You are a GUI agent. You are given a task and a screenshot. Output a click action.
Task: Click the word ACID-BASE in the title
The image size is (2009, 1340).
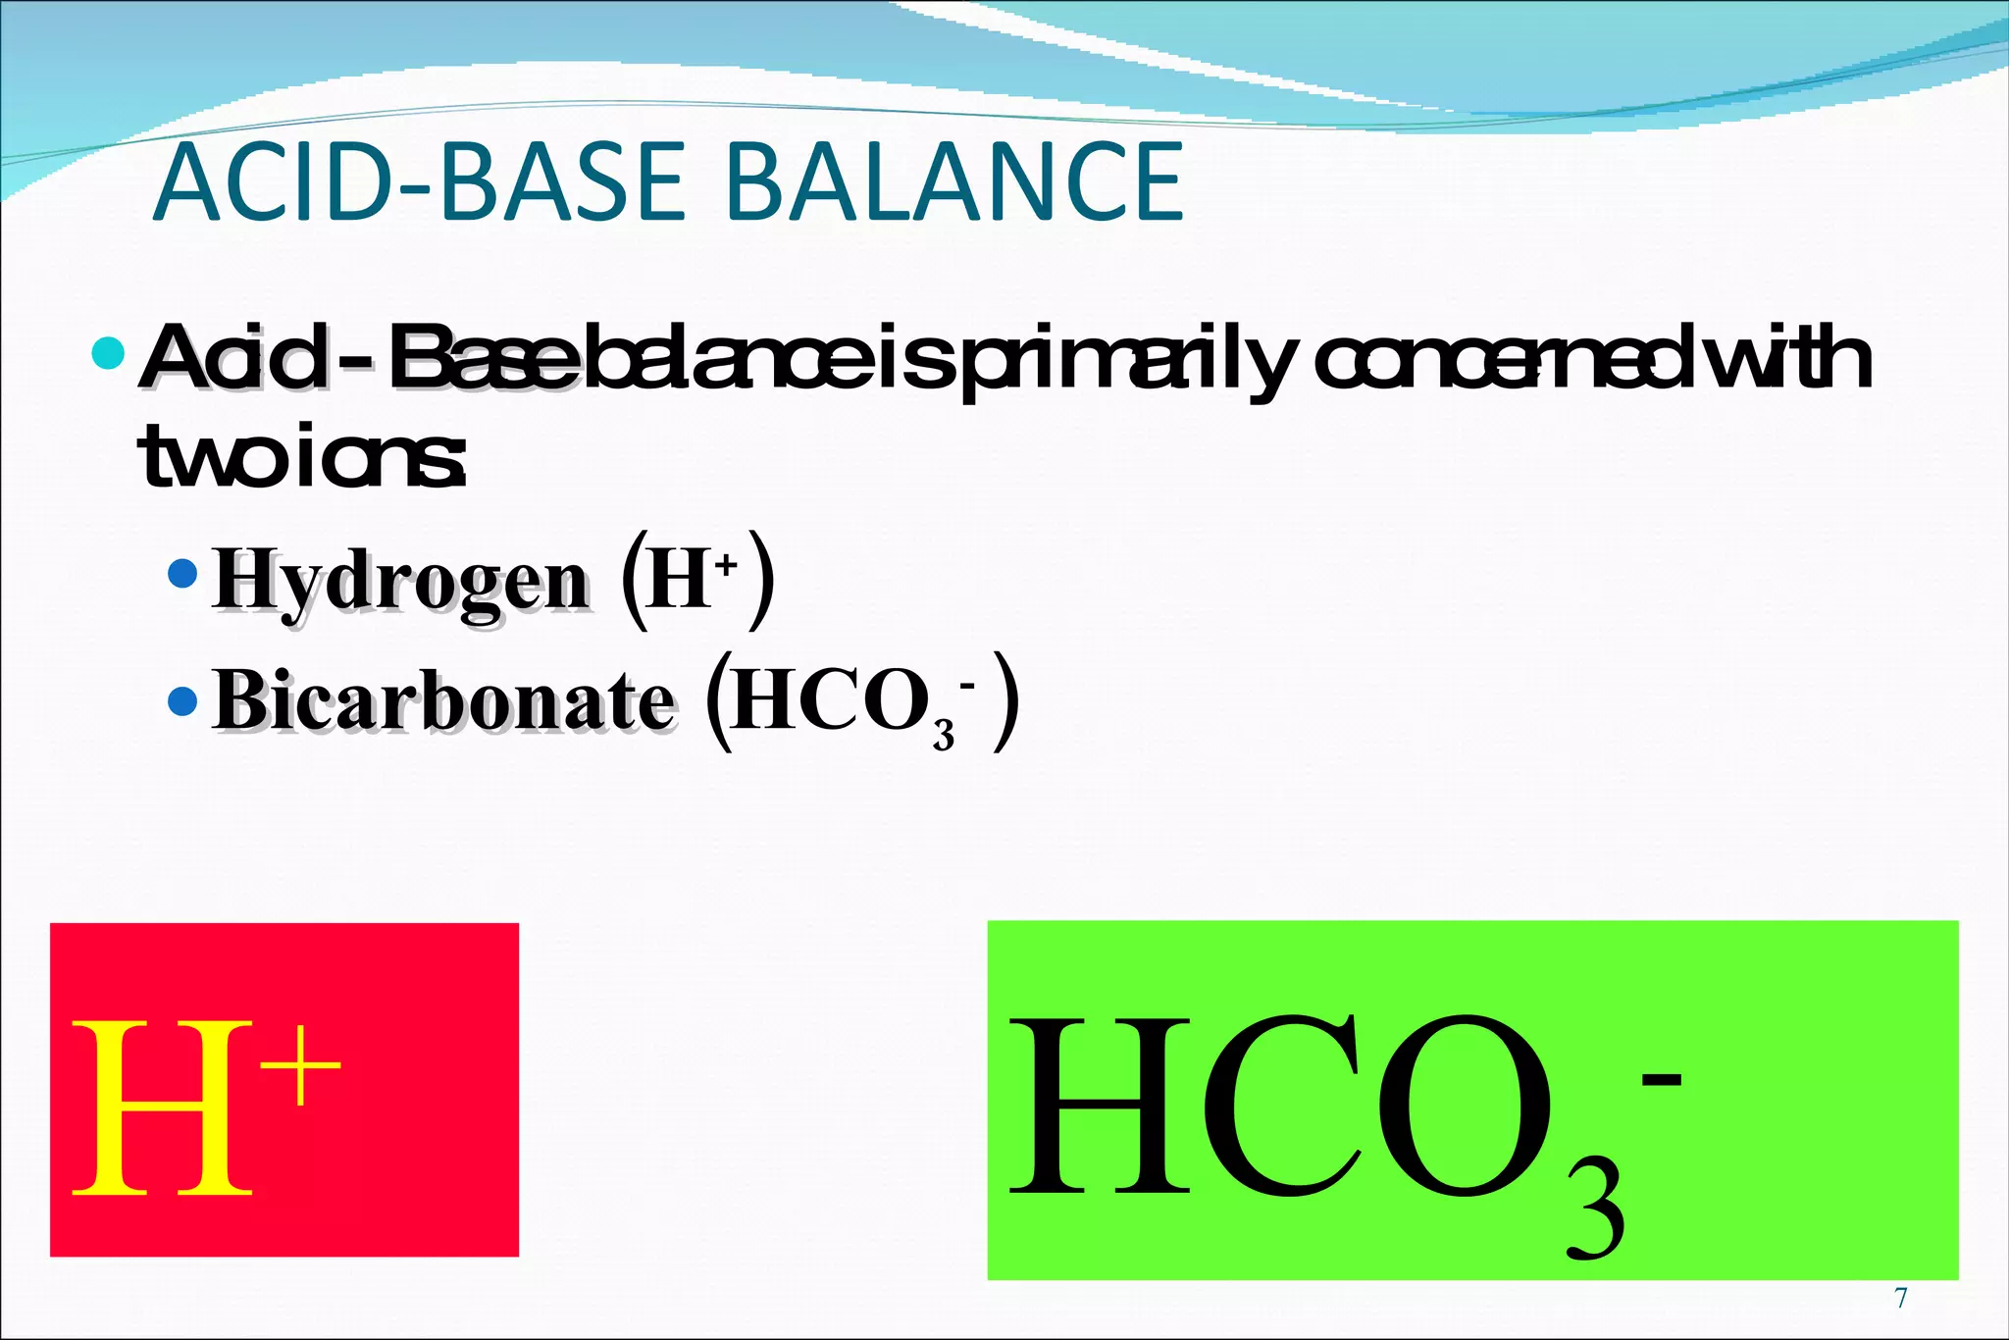(418, 182)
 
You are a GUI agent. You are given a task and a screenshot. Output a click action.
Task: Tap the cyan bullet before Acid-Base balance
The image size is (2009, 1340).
(108, 352)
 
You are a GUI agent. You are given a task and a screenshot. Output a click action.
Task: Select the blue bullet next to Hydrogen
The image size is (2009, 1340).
(182, 573)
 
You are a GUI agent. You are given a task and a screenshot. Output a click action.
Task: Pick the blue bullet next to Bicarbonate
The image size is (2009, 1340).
(182, 700)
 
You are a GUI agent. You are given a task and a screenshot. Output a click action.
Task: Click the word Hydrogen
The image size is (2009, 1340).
(400, 581)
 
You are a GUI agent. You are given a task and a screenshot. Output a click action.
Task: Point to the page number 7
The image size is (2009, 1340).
(1900, 1299)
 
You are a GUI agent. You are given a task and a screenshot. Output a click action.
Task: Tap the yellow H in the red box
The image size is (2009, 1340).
(162, 1108)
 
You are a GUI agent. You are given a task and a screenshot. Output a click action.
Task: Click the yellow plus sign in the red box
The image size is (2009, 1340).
(306, 1064)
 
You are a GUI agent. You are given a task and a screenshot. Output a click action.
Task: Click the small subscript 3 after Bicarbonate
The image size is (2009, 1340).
(944, 734)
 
